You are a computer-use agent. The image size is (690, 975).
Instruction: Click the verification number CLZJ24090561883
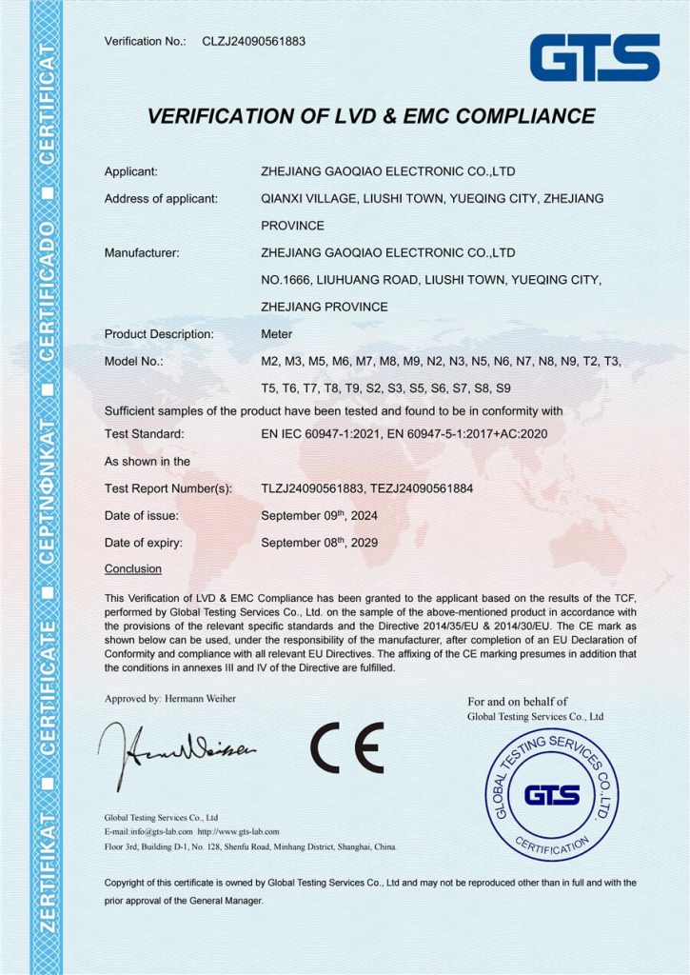pyautogui.click(x=254, y=41)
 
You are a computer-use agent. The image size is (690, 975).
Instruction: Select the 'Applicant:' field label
pyautogui.click(x=130, y=172)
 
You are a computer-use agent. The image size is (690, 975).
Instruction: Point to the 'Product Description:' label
pyautogui.click(x=159, y=334)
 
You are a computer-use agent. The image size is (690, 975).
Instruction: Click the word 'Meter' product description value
pyautogui.click(x=277, y=334)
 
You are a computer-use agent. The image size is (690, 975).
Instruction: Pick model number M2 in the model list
pyautogui.click(x=270, y=362)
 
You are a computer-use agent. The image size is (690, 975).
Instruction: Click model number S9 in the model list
pyautogui.click(x=503, y=388)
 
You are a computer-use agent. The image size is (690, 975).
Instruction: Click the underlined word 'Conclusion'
pyautogui.click(x=132, y=568)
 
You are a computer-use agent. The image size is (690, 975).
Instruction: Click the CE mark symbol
pyautogui.click(x=346, y=746)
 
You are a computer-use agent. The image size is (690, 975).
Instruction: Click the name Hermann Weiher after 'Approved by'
pyautogui.click(x=200, y=698)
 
